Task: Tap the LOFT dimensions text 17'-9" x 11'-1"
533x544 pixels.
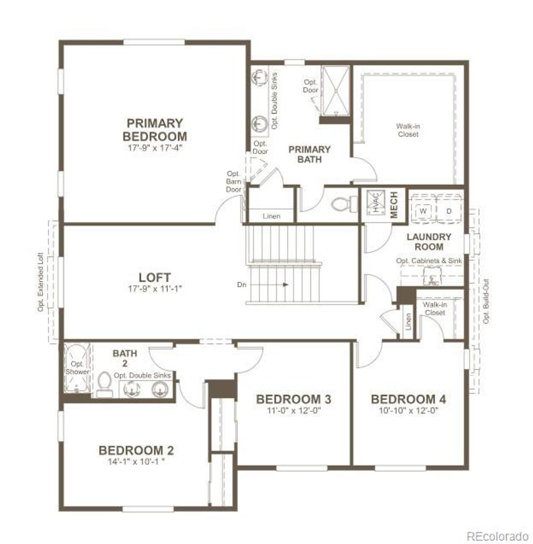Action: (x=154, y=289)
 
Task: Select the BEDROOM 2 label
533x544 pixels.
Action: (x=136, y=450)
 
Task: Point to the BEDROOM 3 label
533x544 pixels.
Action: (x=294, y=400)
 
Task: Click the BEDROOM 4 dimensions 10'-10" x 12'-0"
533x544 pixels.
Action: (x=408, y=410)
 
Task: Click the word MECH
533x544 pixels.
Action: (x=394, y=204)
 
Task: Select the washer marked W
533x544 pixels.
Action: (x=423, y=211)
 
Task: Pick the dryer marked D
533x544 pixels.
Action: (x=449, y=211)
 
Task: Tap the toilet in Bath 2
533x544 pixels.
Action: (x=104, y=384)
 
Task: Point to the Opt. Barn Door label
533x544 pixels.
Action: (x=234, y=181)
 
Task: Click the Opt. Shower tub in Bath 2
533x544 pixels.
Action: (x=77, y=368)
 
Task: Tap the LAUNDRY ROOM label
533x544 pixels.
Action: (x=429, y=242)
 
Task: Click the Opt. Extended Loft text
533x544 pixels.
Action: (x=41, y=282)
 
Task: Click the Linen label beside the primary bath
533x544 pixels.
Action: (x=271, y=216)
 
